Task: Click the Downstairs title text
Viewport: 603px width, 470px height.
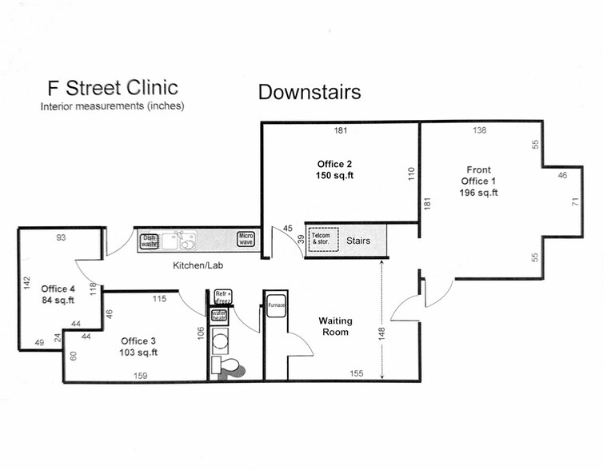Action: click(309, 92)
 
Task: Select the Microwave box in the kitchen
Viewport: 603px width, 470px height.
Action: click(246, 239)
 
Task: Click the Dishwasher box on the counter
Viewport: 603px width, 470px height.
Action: click(149, 240)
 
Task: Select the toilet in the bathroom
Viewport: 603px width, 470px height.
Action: click(230, 366)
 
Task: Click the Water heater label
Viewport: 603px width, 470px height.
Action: click(219, 315)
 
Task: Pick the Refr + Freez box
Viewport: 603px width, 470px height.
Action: click(222, 297)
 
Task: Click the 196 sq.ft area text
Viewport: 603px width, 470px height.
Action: click(479, 193)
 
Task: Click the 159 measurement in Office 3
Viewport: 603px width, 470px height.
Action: click(140, 374)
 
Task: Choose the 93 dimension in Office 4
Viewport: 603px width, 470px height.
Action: click(61, 237)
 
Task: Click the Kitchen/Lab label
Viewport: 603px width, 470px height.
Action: click(198, 265)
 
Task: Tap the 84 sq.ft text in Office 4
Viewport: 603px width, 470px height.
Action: click(58, 301)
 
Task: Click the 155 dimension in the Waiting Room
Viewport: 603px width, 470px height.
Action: click(357, 373)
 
